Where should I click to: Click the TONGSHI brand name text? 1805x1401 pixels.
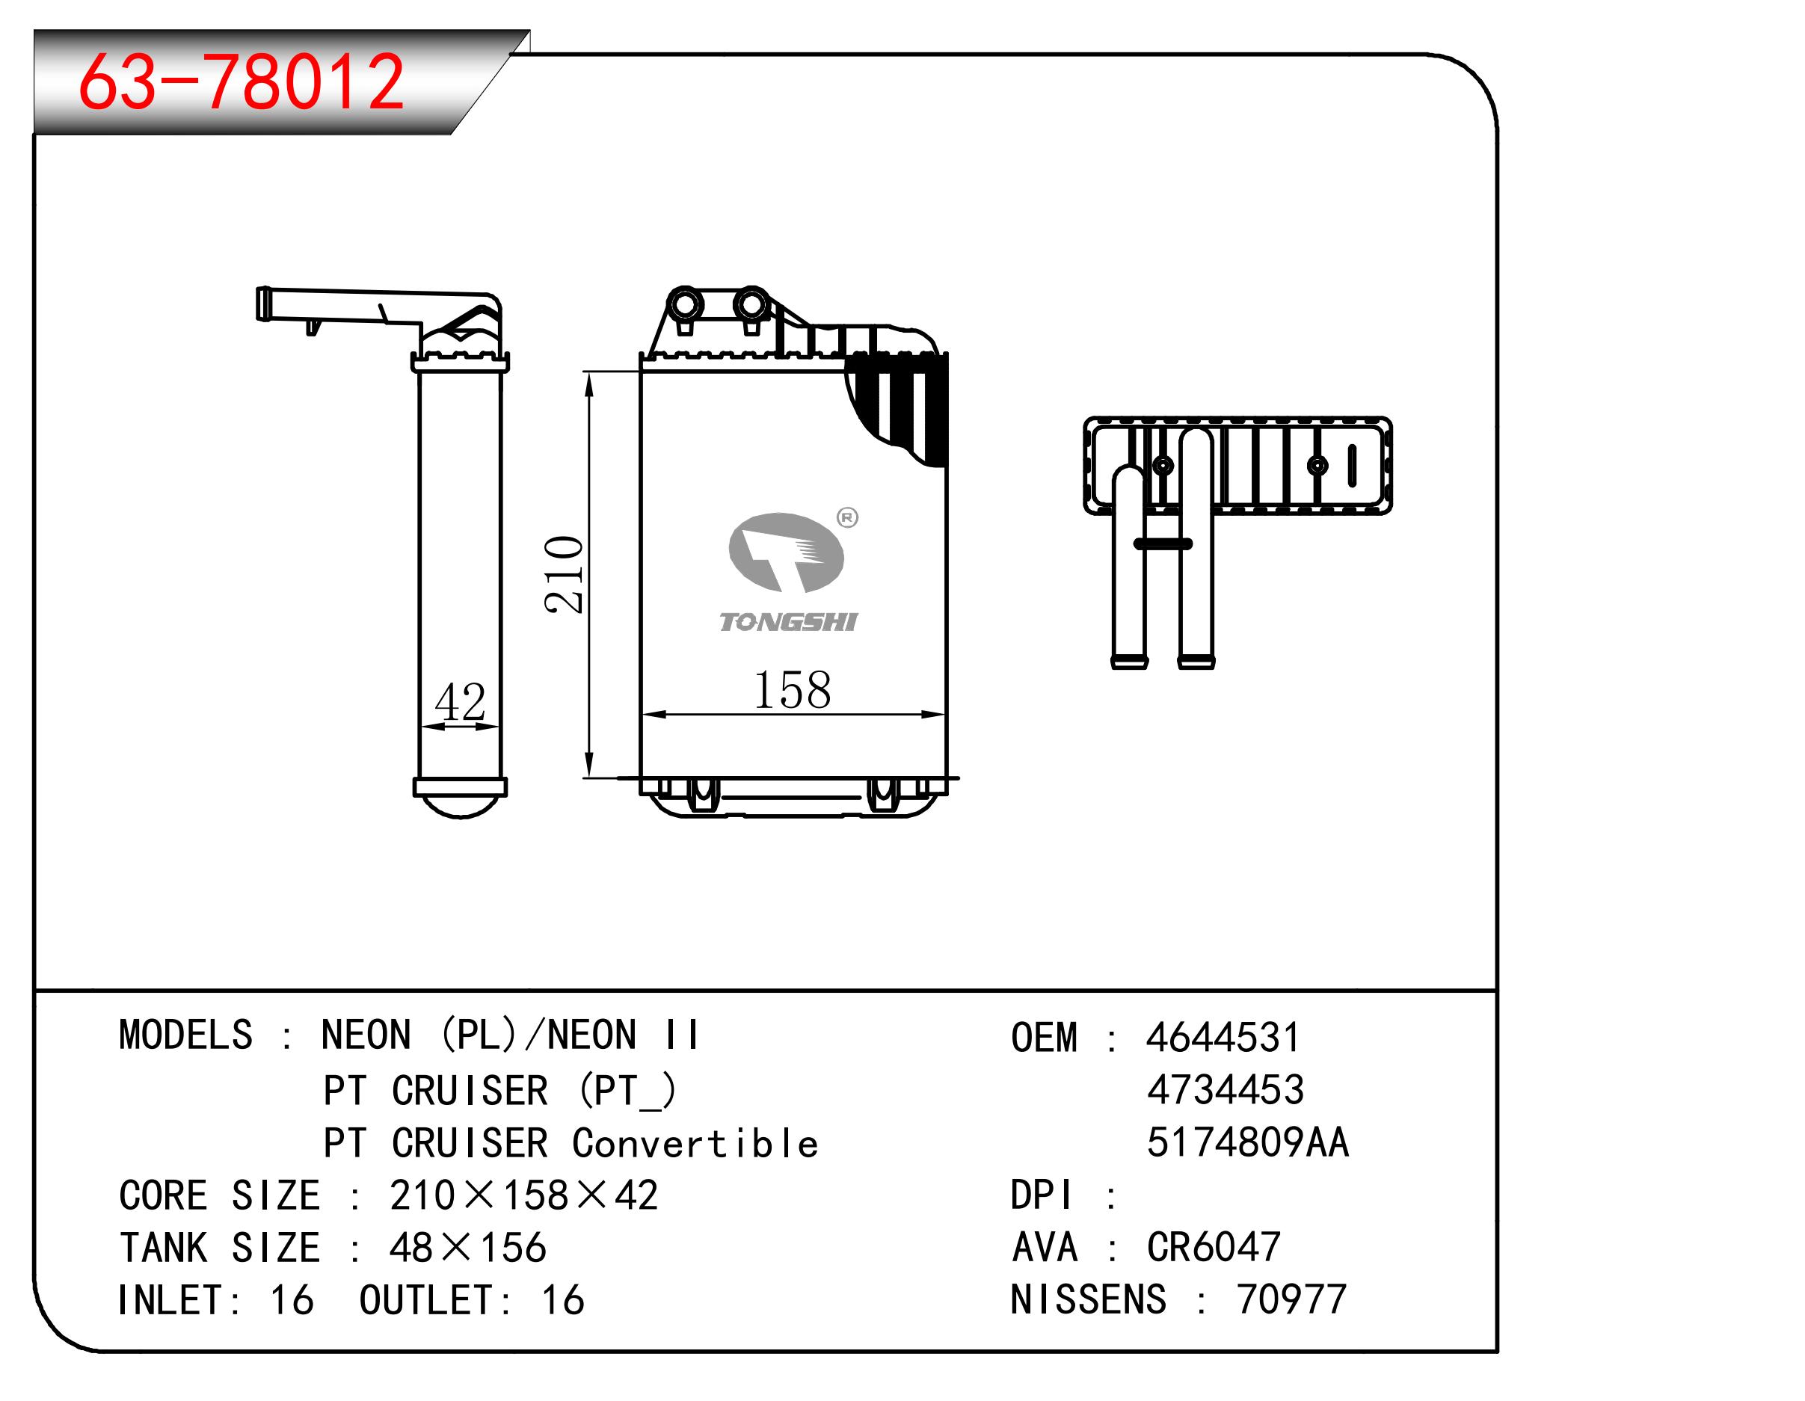pos(788,621)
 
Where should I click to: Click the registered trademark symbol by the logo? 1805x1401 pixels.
pos(847,517)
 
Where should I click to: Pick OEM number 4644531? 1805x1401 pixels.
pos(1223,1038)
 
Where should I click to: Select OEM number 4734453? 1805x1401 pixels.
pos(1225,1089)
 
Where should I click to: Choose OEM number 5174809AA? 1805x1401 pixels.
pos(1247,1142)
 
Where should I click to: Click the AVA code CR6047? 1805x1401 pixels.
pos(1214,1246)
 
